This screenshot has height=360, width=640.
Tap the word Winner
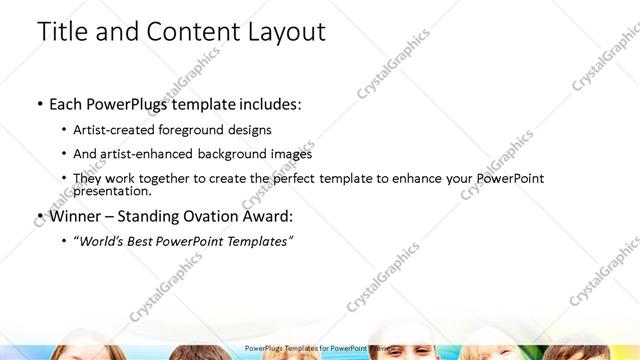75,216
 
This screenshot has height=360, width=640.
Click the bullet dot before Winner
39,216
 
